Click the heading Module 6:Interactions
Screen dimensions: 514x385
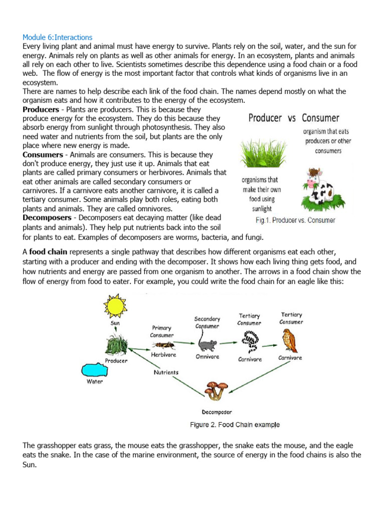(x=58, y=37)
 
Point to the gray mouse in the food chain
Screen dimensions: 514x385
(x=207, y=344)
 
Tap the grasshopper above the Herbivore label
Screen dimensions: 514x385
(x=161, y=345)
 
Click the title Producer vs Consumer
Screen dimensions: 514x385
(x=294, y=118)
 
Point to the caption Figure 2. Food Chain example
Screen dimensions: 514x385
(x=235, y=425)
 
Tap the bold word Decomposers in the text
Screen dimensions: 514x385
(x=47, y=217)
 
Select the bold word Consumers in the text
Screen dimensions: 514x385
(x=43, y=155)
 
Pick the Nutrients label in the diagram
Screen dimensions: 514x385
(x=165, y=372)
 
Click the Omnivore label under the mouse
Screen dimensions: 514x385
(x=207, y=357)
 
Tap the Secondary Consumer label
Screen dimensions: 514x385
(x=207, y=322)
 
